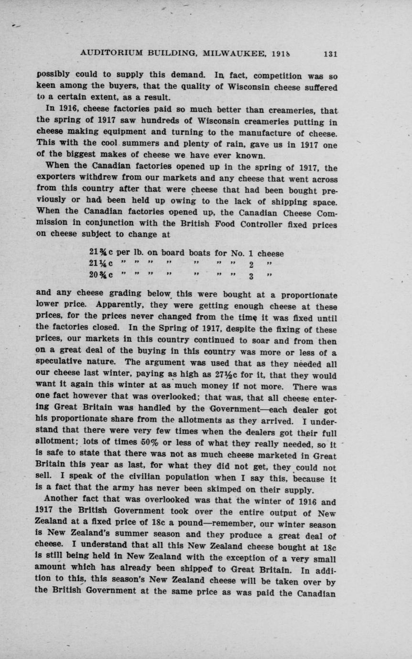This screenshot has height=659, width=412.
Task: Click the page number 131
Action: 330,54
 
